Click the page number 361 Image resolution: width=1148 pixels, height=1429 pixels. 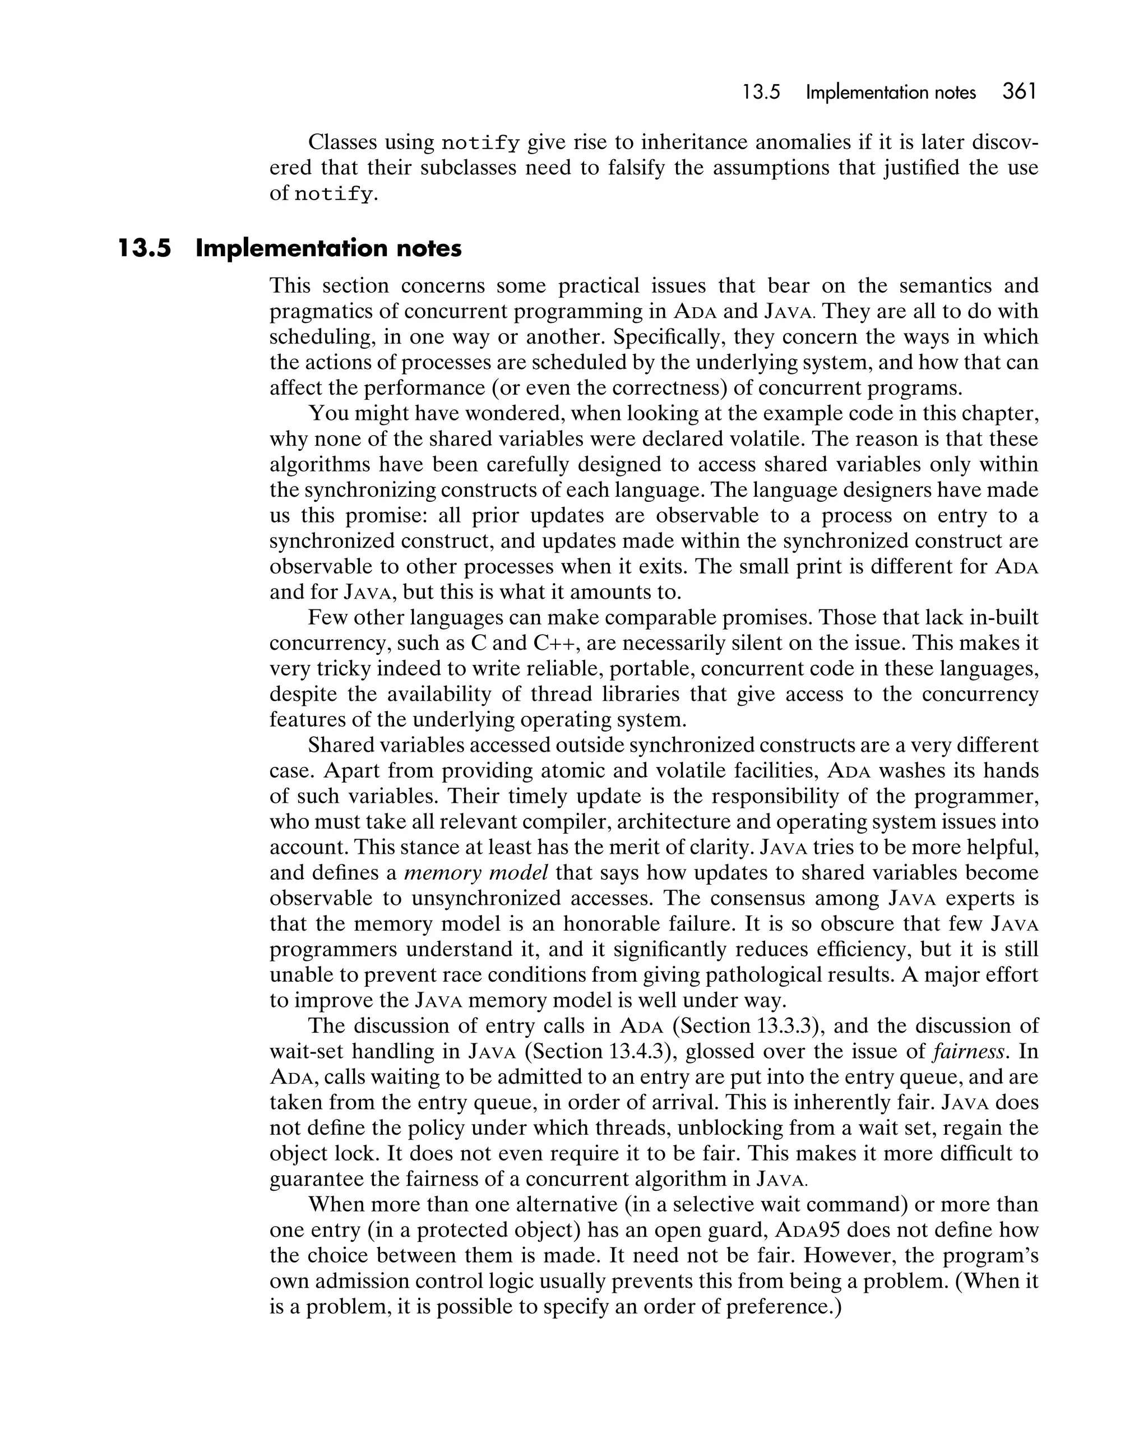(1019, 91)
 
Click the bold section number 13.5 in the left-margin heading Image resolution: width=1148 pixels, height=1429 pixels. (145, 248)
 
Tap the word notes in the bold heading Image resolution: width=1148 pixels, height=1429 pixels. (428, 248)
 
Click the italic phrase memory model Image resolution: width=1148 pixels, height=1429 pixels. (476, 873)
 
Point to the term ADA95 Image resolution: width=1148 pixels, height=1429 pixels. (807, 1230)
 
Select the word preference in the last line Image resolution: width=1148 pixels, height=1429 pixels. (777, 1307)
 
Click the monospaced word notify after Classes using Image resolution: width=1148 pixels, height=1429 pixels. (480, 142)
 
